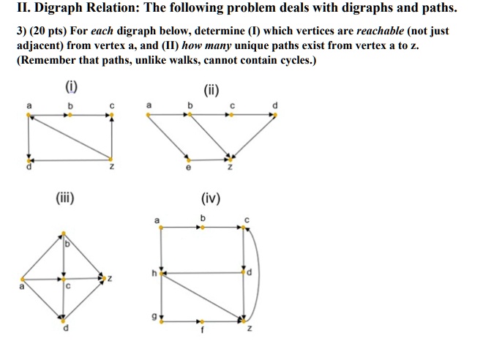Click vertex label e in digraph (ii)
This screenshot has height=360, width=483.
(188, 168)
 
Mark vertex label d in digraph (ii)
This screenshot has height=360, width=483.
(275, 105)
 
